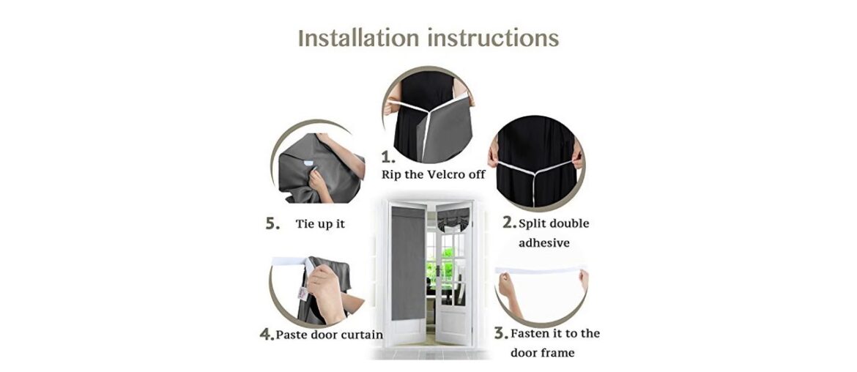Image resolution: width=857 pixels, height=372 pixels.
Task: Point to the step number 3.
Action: pyautogui.click(x=501, y=334)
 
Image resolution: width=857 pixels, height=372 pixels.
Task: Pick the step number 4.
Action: pyautogui.click(x=267, y=335)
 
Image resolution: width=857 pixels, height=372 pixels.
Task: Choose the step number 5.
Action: pyautogui.click(x=272, y=224)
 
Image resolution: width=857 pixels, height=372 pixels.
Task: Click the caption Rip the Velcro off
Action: pyautogui.click(x=433, y=175)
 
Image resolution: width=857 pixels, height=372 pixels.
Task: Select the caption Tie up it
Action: pyautogui.click(x=320, y=224)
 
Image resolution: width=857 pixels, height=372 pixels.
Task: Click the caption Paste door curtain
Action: pyautogui.click(x=330, y=335)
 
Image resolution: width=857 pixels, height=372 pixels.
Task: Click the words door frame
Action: pyautogui.click(x=543, y=352)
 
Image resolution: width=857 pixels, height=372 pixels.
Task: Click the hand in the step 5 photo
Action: pyautogui.click(x=320, y=179)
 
